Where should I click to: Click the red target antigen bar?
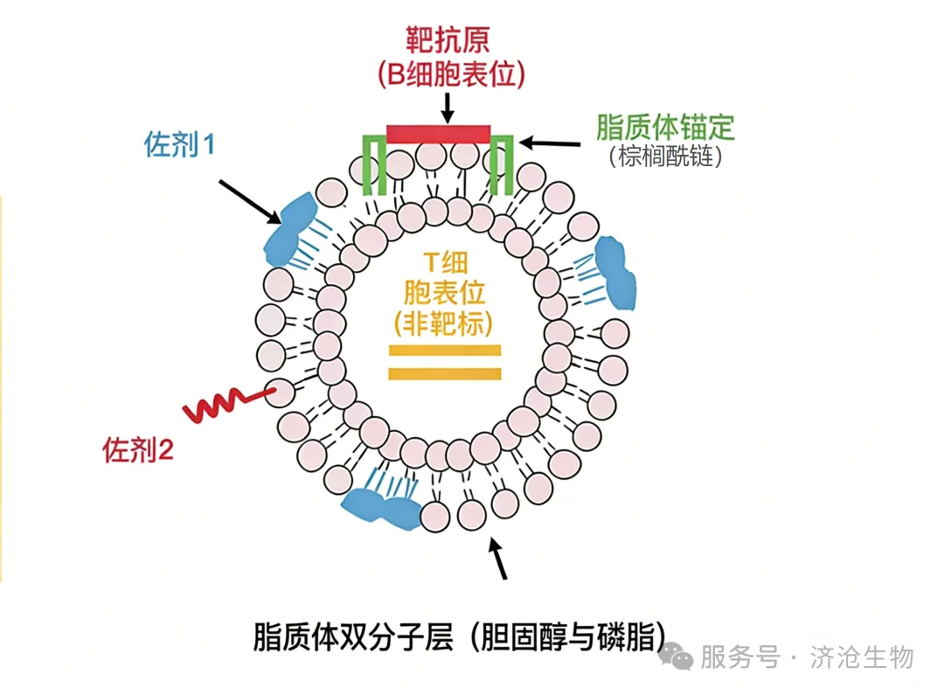coord(438,134)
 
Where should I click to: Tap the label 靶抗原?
coord(448,40)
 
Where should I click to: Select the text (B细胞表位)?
coord(452,74)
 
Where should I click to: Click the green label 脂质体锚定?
coord(665,127)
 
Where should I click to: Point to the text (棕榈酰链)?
coord(665,156)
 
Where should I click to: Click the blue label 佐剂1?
coord(179,144)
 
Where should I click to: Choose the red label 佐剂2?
coord(138,450)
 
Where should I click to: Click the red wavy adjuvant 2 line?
coord(229,404)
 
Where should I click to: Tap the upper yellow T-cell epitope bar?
coord(445,351)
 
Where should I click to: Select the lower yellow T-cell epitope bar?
coord(445,373)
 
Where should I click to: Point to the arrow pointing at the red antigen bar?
coord(448,108)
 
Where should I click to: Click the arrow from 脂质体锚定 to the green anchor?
coord(550,143)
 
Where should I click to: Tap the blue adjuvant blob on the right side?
coord(615,273)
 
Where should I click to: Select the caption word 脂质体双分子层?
coord(353,636)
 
